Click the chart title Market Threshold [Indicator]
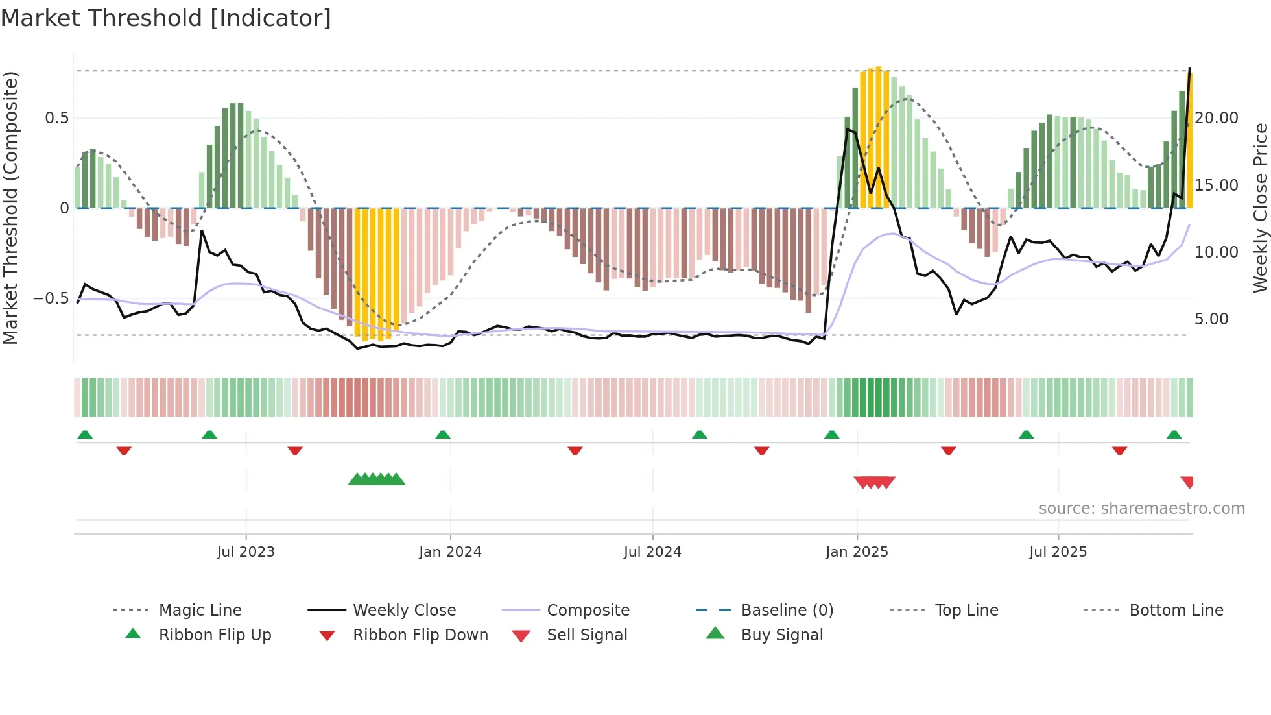[x=166, y=18]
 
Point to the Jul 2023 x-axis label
[x=246, y=552]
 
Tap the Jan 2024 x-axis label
[x=450, y=552]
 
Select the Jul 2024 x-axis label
[x=652, y=552]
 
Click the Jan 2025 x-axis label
[x=857, y=552]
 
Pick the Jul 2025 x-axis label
[x=1058, y=552]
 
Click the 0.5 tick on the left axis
[x=56, y=118]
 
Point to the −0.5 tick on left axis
[x=51, y=298]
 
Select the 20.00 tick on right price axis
[x=1217, y=118]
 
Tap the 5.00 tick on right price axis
[x=1211, y=319]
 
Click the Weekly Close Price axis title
[x=1260, y=208]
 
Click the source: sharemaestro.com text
[x=1141, y=509]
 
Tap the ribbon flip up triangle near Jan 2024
[x=443, y=435]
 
